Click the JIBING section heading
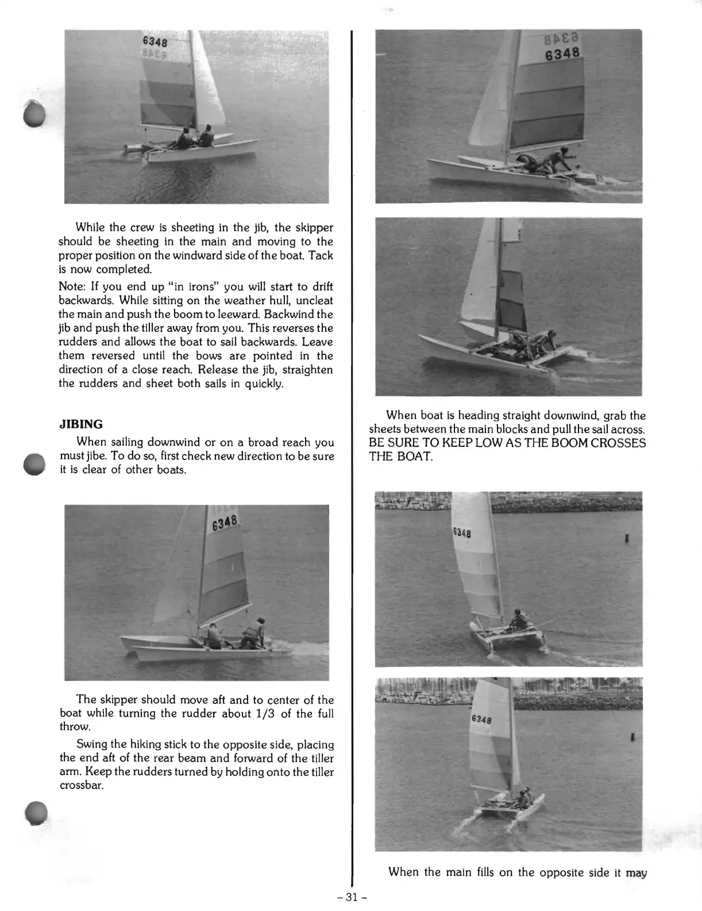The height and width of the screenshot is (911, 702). pos(81,424)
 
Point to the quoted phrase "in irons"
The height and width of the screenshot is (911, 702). pos(190,286)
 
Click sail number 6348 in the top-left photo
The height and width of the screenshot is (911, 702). pos(155,42)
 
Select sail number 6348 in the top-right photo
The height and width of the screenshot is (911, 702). pos(564,54)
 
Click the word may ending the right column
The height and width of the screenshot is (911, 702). pos(636,872)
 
